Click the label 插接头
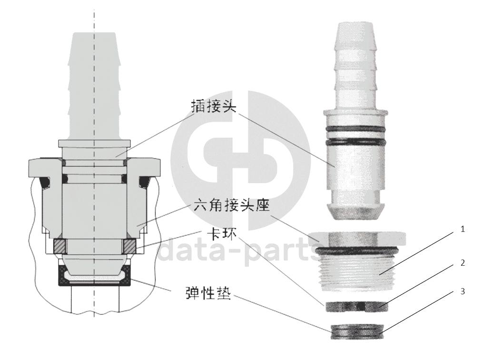(214, 106)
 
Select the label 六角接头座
(232, 205)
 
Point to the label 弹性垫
(208, 293)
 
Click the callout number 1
(462, 229)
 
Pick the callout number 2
(462, 262)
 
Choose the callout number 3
(462, 291)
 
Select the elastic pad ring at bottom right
(357, 331)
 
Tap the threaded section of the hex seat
(357, 270)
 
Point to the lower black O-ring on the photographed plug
(355, 142)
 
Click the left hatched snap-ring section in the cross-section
(59, 247)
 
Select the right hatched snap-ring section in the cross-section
(129, 247)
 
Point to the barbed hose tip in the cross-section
(94, 86)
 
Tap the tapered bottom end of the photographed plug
(355, 212)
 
